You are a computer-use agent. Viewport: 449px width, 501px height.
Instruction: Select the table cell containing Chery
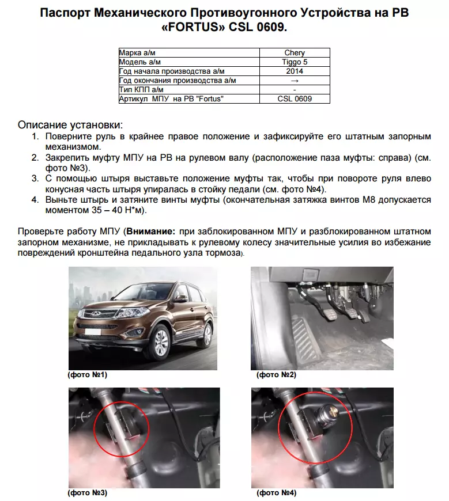pos(295,53)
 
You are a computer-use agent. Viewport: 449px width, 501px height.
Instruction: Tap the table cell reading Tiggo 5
pos(295,62)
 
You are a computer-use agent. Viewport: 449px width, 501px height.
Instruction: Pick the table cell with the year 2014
pos(295,71)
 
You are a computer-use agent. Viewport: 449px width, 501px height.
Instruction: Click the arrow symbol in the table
pos(295,81)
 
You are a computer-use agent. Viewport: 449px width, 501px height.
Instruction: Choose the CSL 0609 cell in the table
pos(295,99)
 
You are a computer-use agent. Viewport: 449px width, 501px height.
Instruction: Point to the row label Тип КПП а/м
pos(141,90)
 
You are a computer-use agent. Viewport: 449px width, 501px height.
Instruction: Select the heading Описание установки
pos(70,124)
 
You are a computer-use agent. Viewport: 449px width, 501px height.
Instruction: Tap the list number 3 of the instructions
pos(35,179)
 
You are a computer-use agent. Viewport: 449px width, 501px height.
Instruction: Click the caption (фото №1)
pos(88,375)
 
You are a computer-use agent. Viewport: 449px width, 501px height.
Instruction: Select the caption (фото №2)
pos(276,375)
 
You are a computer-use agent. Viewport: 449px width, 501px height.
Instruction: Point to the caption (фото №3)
pos(88,493)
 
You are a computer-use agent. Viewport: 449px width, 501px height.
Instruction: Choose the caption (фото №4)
pos(276,493)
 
